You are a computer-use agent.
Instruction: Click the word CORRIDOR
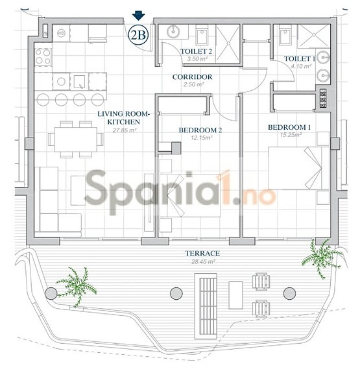(193, 77)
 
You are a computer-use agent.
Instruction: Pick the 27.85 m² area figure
(124, 130)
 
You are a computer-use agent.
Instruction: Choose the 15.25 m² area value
(289, 136)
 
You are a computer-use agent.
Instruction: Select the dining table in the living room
(77, 138)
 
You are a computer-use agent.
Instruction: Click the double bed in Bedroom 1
(299, 167)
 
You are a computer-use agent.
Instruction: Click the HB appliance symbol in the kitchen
(62, 33)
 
